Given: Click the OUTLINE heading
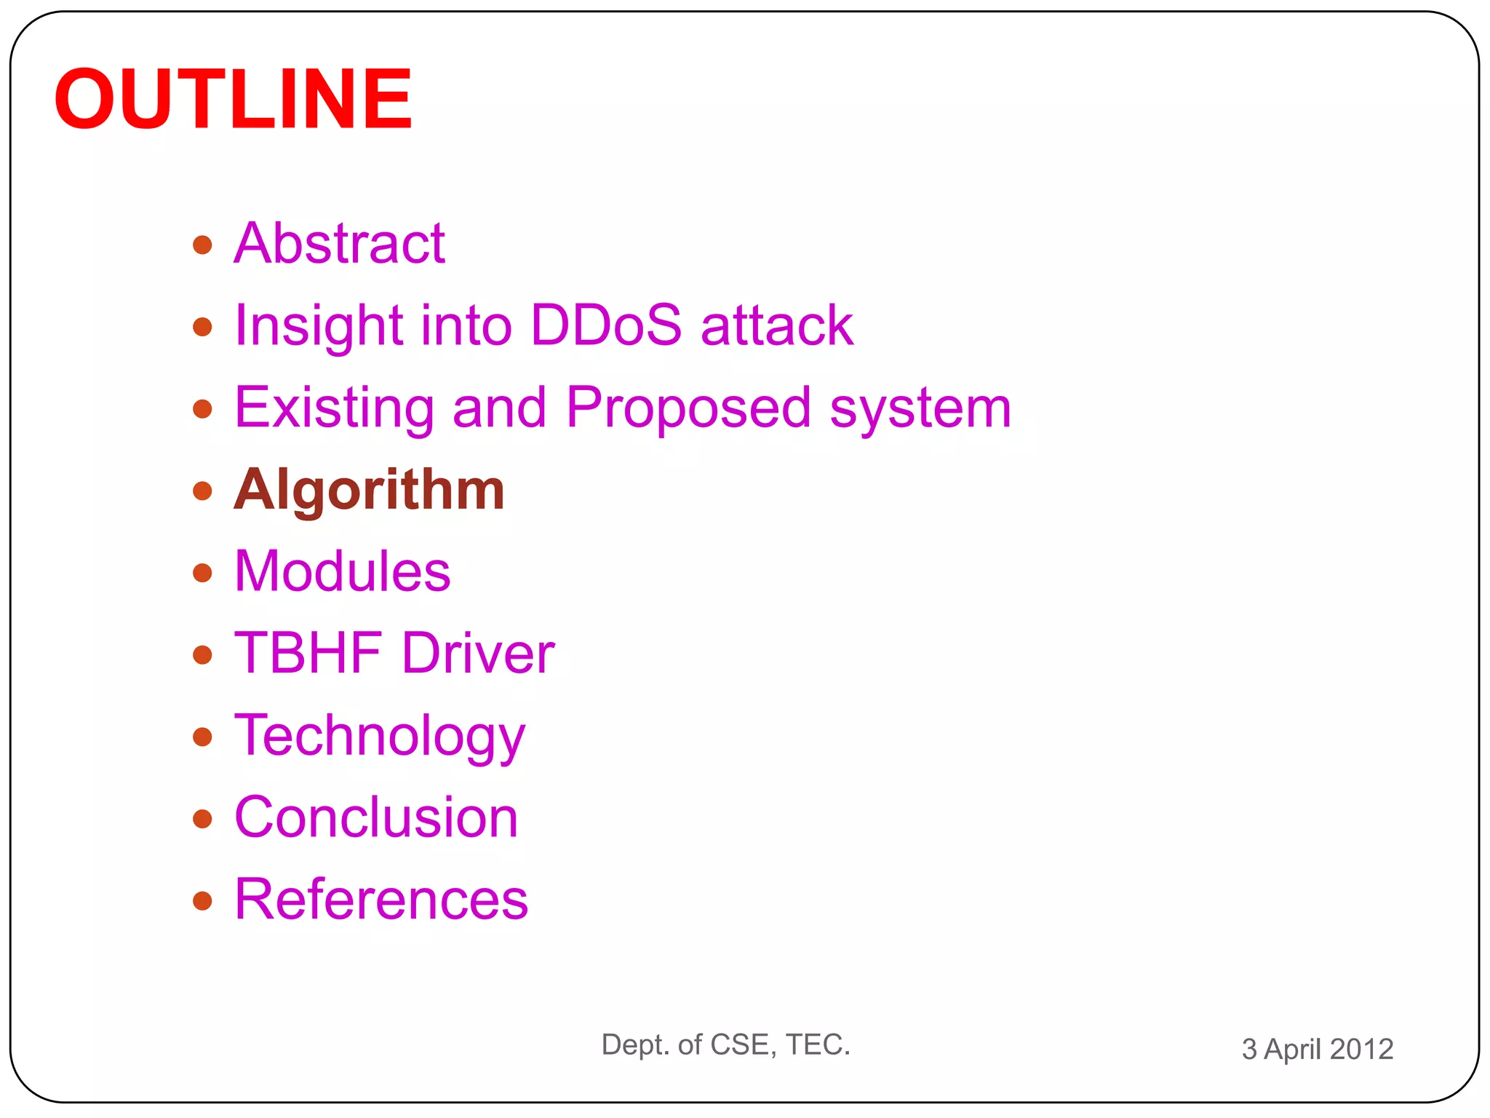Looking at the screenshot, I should click(x=233, y=99).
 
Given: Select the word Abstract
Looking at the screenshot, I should click(x=339, y=243).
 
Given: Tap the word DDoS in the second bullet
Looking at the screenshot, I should click(x=606, y=325).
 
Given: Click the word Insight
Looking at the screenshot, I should click(x=319, y=326).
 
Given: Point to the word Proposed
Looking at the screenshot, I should click(x=688, y=408).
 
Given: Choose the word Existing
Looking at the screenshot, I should click(x=334, y=408).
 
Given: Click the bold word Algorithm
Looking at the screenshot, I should click(x=369, y=491).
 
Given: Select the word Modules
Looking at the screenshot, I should click(x=342, y=571).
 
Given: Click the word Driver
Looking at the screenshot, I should click(x=478, y=653).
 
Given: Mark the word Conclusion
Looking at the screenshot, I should click(x=376, y=817).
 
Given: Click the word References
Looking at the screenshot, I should click(x=381, y=900).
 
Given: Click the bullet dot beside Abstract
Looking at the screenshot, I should click(x=202, y=245).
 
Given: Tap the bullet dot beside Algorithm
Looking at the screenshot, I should click(x=202, y=491).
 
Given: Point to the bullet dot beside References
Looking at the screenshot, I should click(x=202, y=901).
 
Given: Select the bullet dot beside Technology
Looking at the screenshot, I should click(x=202, y=737).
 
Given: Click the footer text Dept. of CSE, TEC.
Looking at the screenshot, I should click(x=725, y=1044).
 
